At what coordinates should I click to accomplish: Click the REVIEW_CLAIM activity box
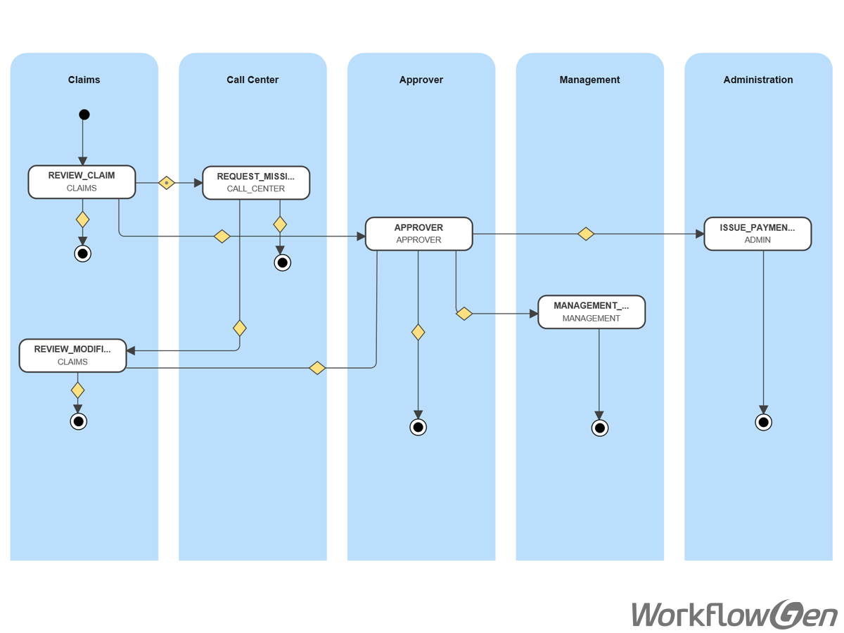coord(82,182)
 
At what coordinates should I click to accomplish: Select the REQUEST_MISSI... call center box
coord(256,183)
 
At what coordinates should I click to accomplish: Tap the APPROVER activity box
coord(418,234)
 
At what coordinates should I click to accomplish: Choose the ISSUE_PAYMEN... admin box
coord(757,234)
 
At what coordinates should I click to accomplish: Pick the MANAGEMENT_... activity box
coord(591,312)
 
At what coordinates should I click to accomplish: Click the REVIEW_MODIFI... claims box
coord(72,355)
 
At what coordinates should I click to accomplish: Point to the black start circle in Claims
coord(84,115)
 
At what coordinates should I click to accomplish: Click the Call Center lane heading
coord(252,79)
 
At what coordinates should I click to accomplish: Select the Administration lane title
coord(757,79)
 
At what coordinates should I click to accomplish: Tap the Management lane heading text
coord(589,79)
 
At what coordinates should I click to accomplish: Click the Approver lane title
coord(421,79)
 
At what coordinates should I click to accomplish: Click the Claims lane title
coord(84,79)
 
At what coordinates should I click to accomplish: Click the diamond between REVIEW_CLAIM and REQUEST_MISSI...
coord(166,183)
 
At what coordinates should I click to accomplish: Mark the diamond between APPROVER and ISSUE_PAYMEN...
coord(585,234)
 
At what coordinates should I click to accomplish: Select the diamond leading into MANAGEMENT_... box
coord(464,314)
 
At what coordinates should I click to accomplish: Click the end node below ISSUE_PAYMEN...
coord(763,422)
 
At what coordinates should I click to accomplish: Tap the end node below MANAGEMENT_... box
coord(599,428)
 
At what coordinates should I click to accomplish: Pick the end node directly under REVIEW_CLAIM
coord(83,253)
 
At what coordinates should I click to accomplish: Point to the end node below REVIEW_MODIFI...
coord(78,421)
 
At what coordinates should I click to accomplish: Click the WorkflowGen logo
coord(734,614)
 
